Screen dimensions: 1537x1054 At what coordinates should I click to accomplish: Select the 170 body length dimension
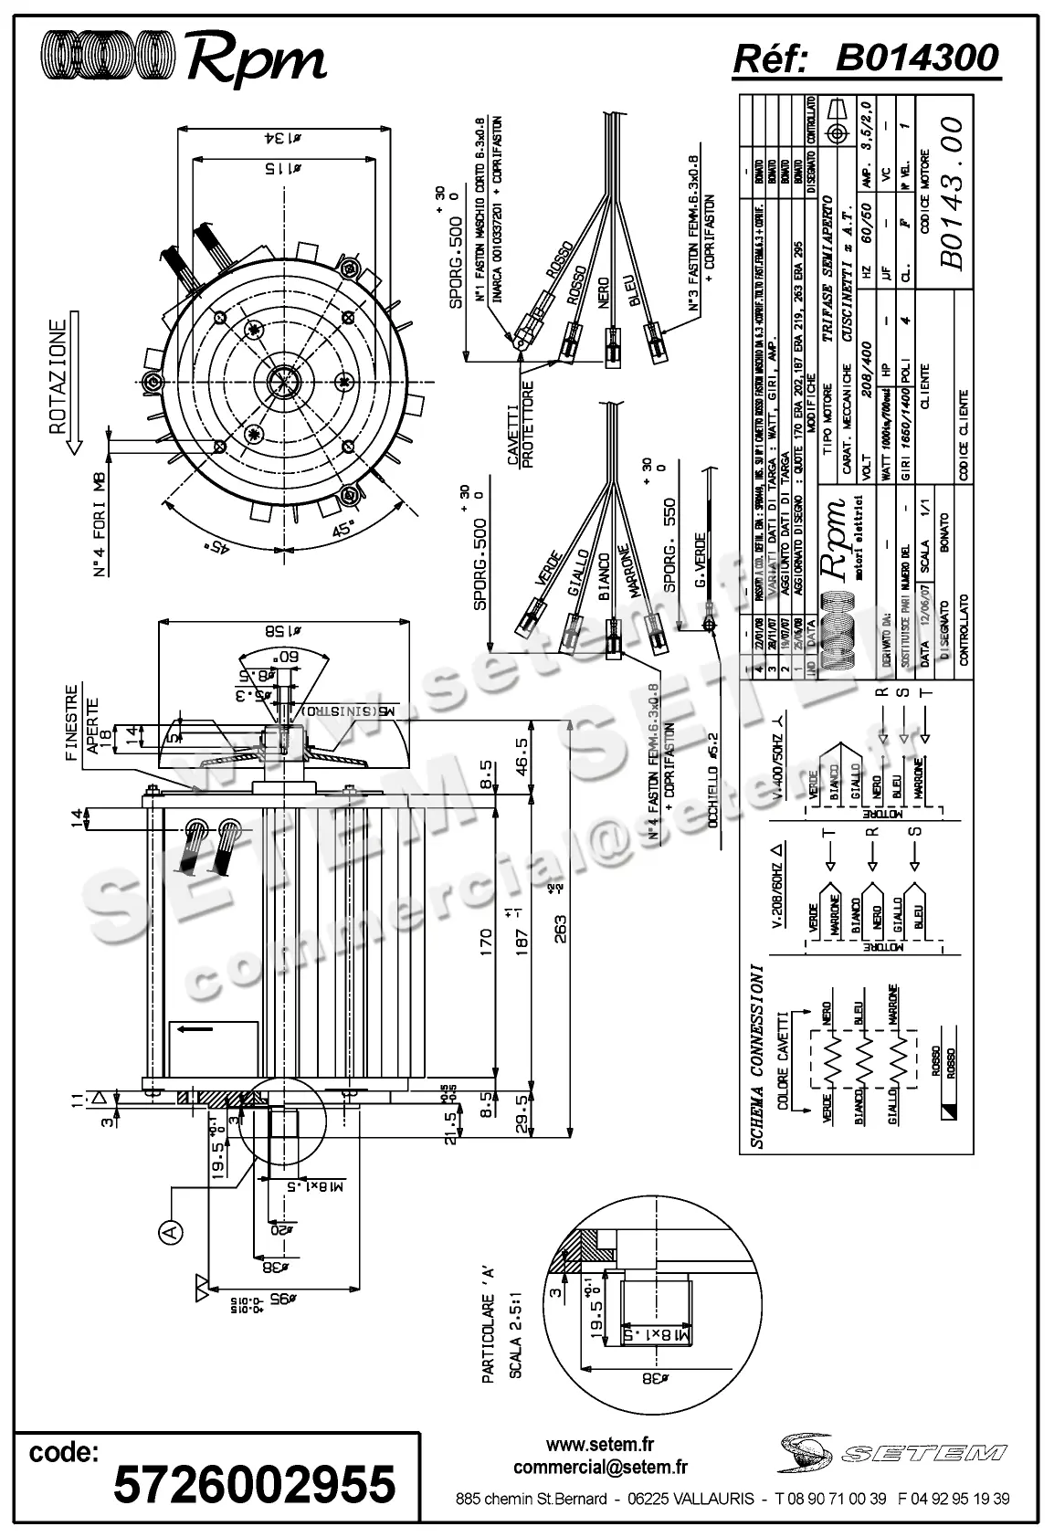[486, 941]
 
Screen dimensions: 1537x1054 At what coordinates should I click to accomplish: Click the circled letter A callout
[170, 1234]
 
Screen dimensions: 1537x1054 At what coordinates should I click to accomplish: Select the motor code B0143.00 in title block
[951, 193]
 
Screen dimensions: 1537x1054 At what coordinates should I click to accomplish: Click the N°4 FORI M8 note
[100, 524]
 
